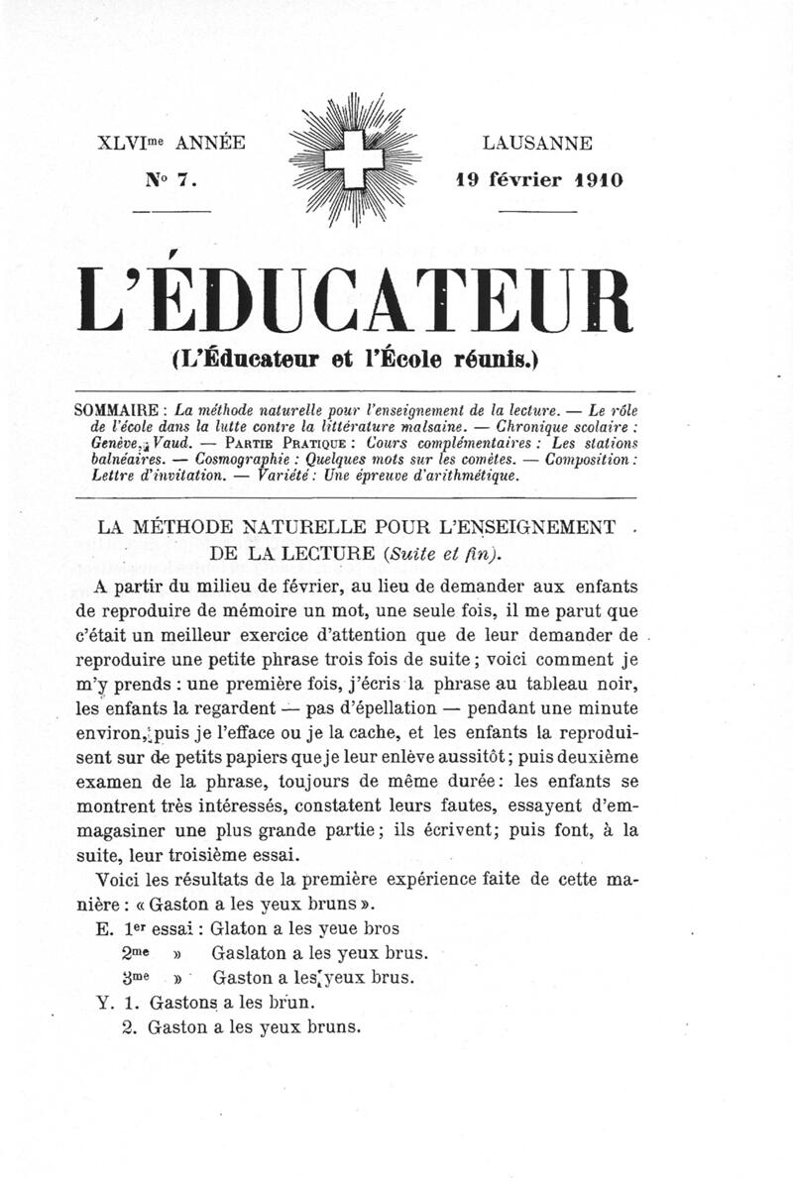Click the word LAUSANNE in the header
pos(538,144)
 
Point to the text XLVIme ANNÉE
pos(171,144)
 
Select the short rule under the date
pos(538,211)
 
